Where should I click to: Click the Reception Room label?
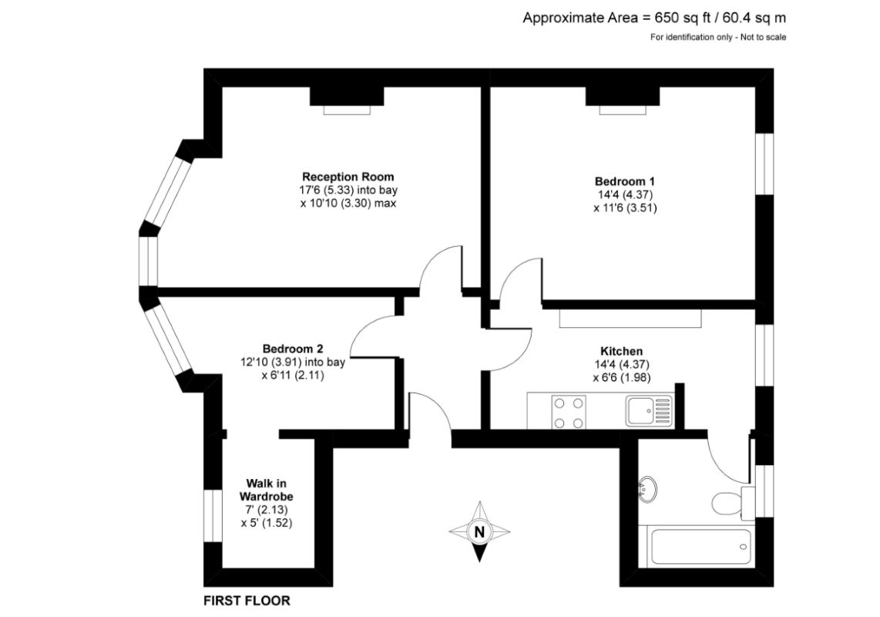(348, 177)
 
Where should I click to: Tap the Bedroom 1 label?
(625, 181)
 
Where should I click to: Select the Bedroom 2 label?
(292, 349)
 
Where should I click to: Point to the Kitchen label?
(621, 352)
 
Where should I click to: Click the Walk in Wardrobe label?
(266, 490)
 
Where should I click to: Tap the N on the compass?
(479, 531)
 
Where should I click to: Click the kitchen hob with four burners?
(569, 412)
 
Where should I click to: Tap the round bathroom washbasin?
(647, 490)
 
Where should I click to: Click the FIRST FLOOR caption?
(247, 601)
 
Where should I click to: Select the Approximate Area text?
(654, 18)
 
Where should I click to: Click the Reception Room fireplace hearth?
(347, 110)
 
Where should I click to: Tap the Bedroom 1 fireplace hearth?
(623, 110)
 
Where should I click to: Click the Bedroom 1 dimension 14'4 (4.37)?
(625, 195)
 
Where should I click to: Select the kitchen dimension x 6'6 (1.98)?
(622, 378)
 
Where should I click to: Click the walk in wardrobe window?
(213, 516)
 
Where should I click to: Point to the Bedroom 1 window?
(764, 164)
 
